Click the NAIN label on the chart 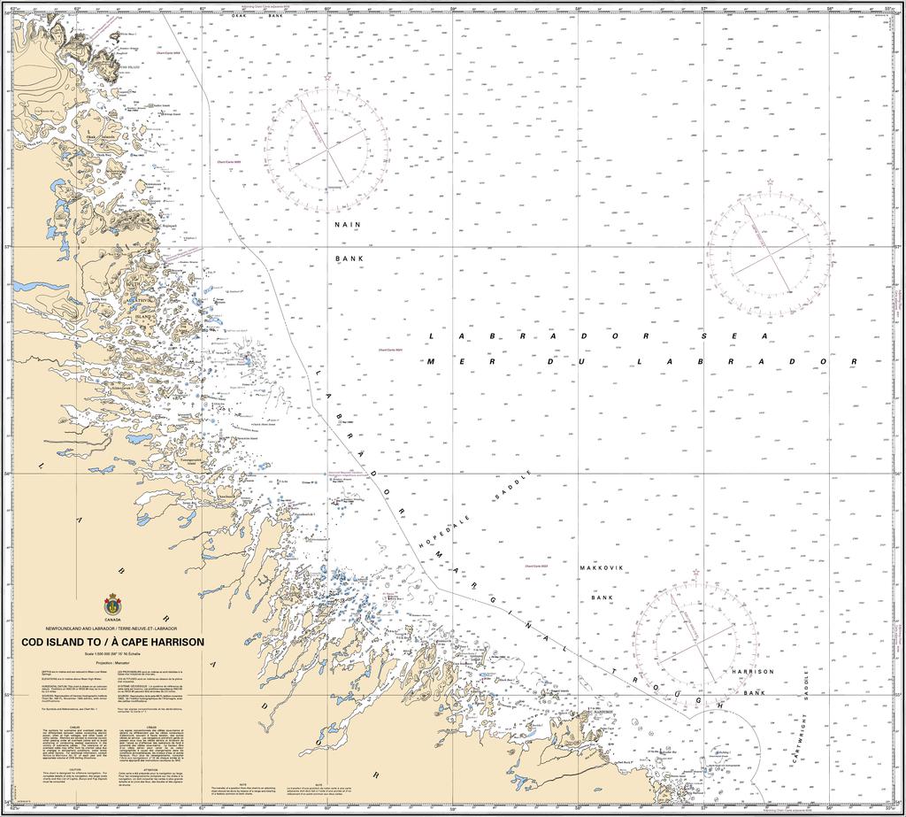click(348, 225)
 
